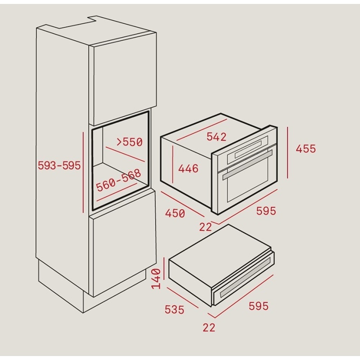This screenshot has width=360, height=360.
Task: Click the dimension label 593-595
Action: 59,166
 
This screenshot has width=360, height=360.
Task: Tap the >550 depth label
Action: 130,142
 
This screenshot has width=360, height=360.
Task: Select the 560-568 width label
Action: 118,180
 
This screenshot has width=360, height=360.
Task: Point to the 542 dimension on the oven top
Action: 216,137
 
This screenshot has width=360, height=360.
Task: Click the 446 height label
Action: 188,169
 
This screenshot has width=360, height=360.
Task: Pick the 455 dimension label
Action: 306,149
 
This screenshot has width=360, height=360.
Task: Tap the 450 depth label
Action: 175,213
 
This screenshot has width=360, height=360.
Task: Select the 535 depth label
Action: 174,310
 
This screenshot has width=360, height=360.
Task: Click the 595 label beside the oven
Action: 266,211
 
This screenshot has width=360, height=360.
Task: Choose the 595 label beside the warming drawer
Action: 258,306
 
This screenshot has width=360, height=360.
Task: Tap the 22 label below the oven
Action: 206,227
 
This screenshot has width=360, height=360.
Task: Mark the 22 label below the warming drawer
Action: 209,328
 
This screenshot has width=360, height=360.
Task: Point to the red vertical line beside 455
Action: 287,153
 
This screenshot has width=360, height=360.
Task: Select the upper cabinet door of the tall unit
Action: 123,79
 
